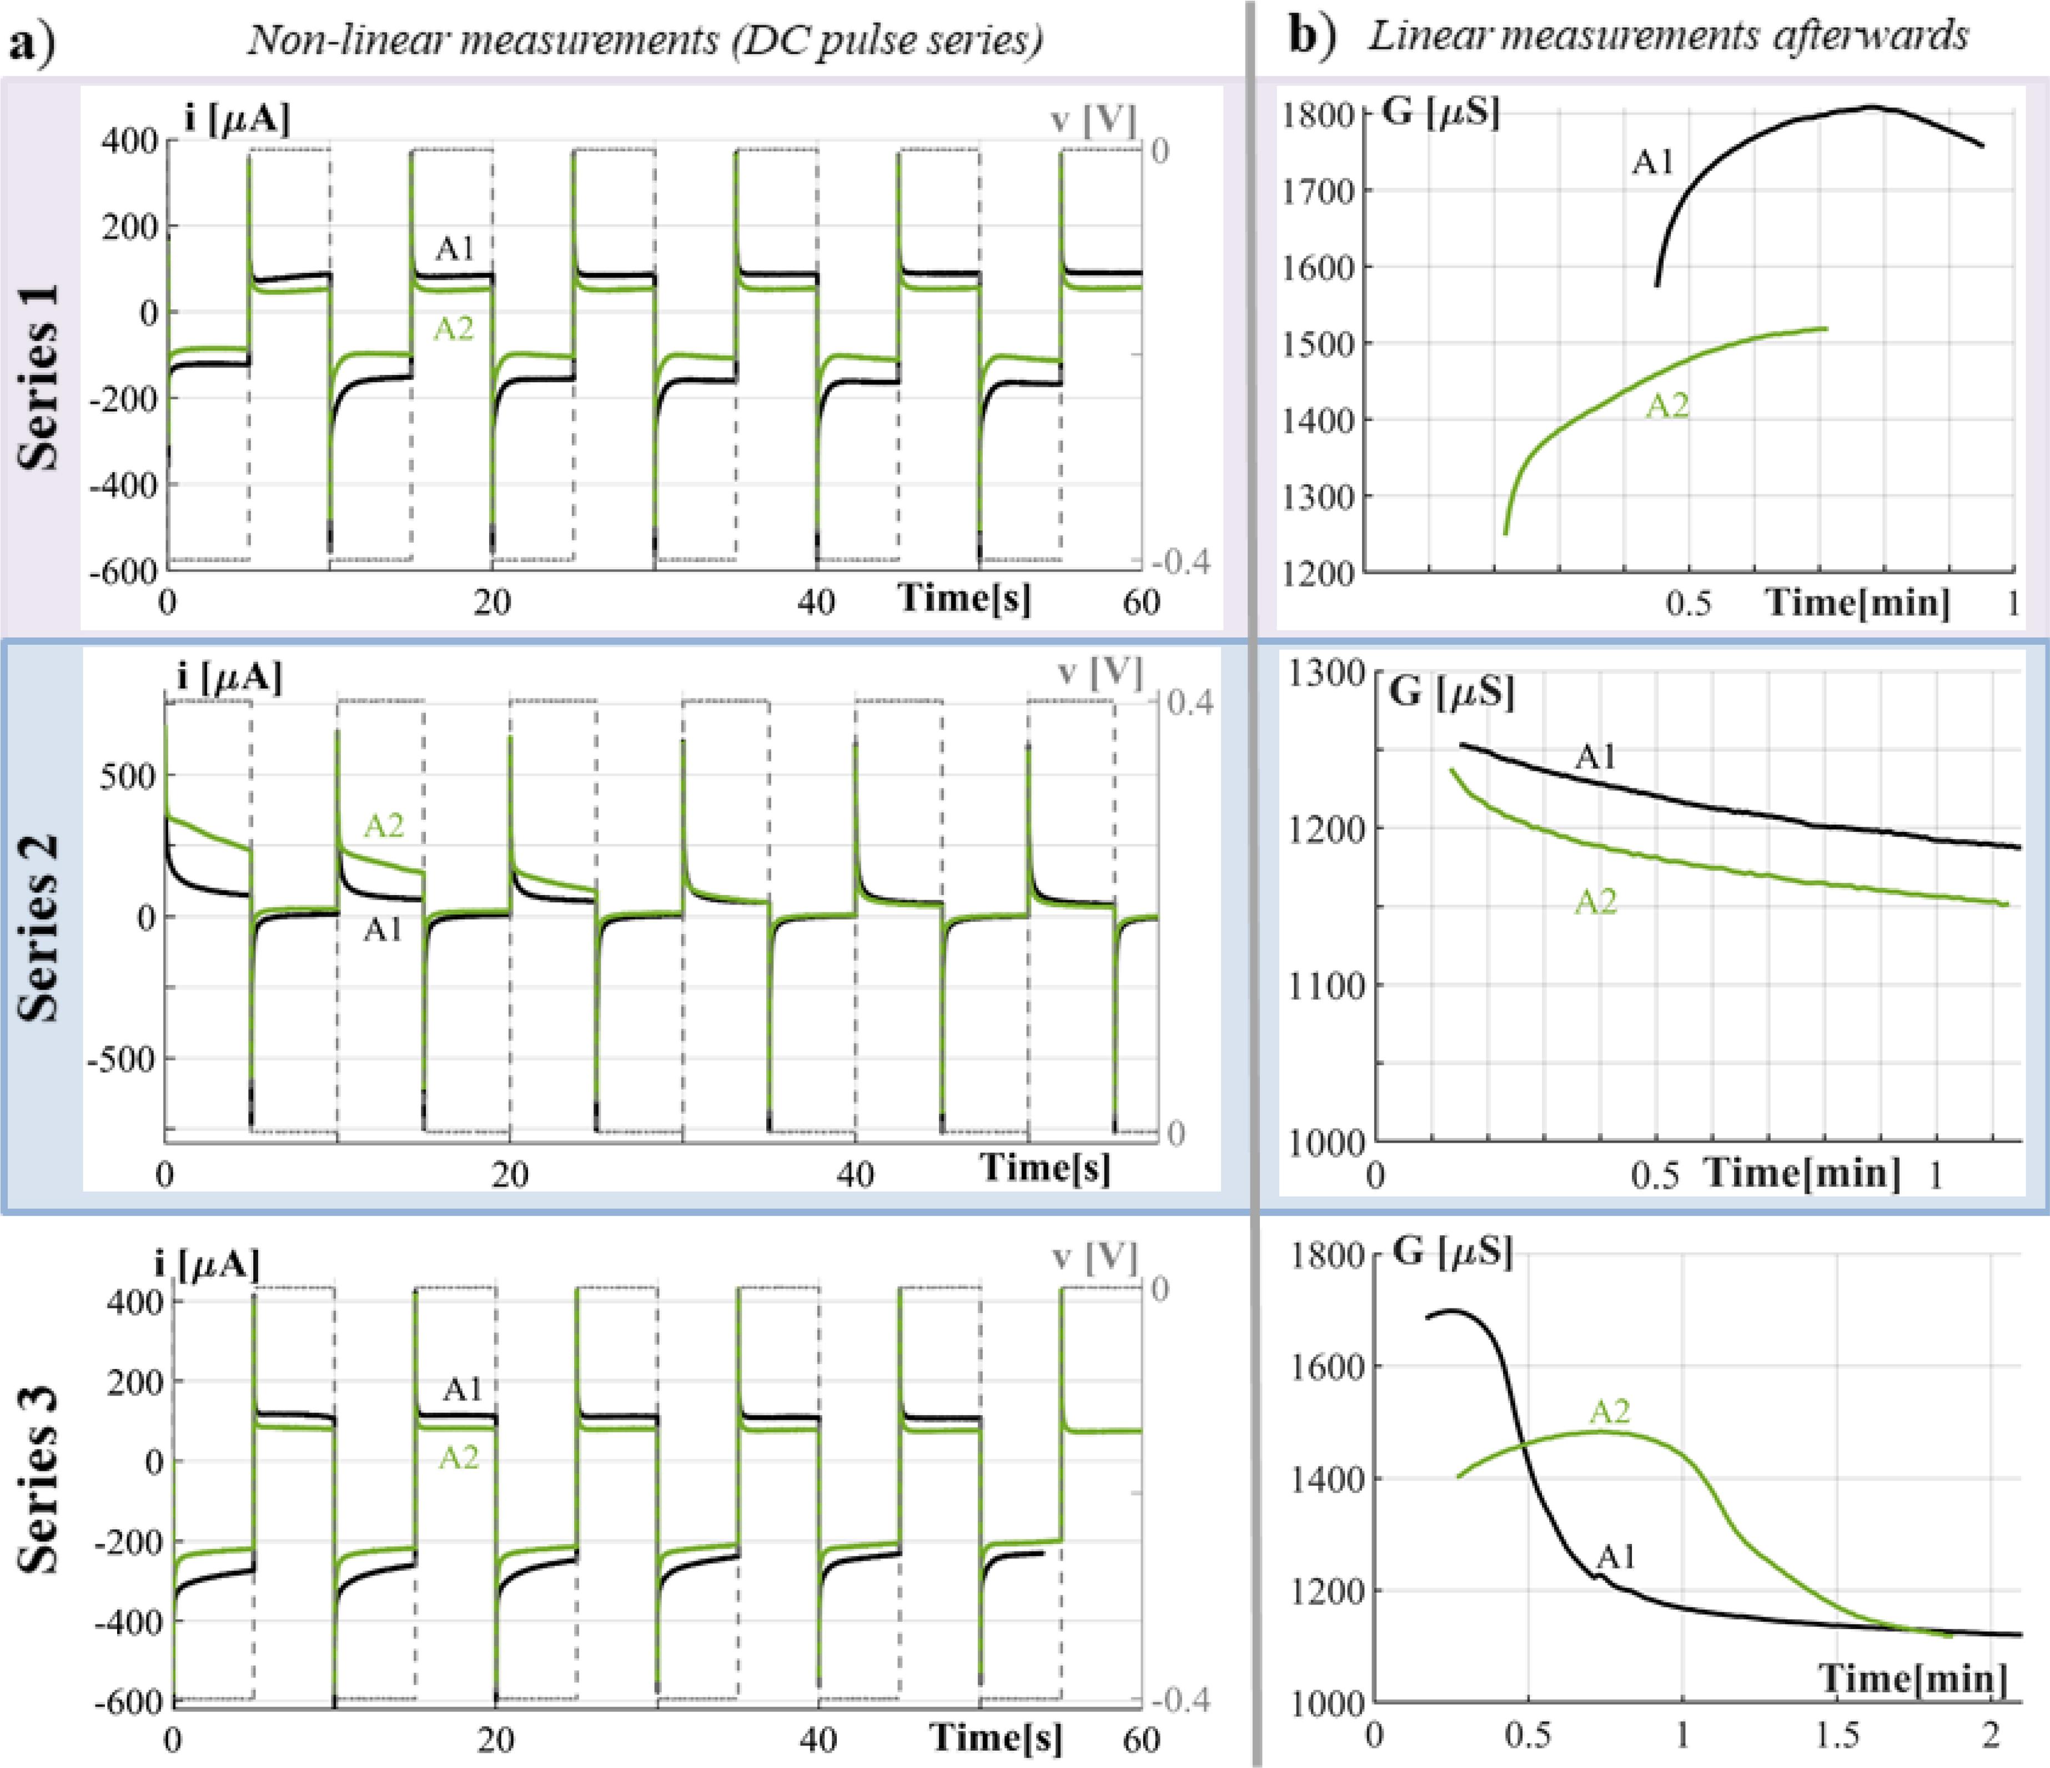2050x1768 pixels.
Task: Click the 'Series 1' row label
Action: pyautogui.click(x=39, y=376)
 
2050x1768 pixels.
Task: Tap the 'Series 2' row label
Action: pyautogui.click(x=39, y=927)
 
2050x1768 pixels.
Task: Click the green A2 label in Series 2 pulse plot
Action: pyautogui.click(x=384, y=825)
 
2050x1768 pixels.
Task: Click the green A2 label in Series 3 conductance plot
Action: pyautogui.click(x=1610, y=1412)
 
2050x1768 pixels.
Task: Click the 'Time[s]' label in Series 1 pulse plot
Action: pyautogui.click(x=964, y=598)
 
